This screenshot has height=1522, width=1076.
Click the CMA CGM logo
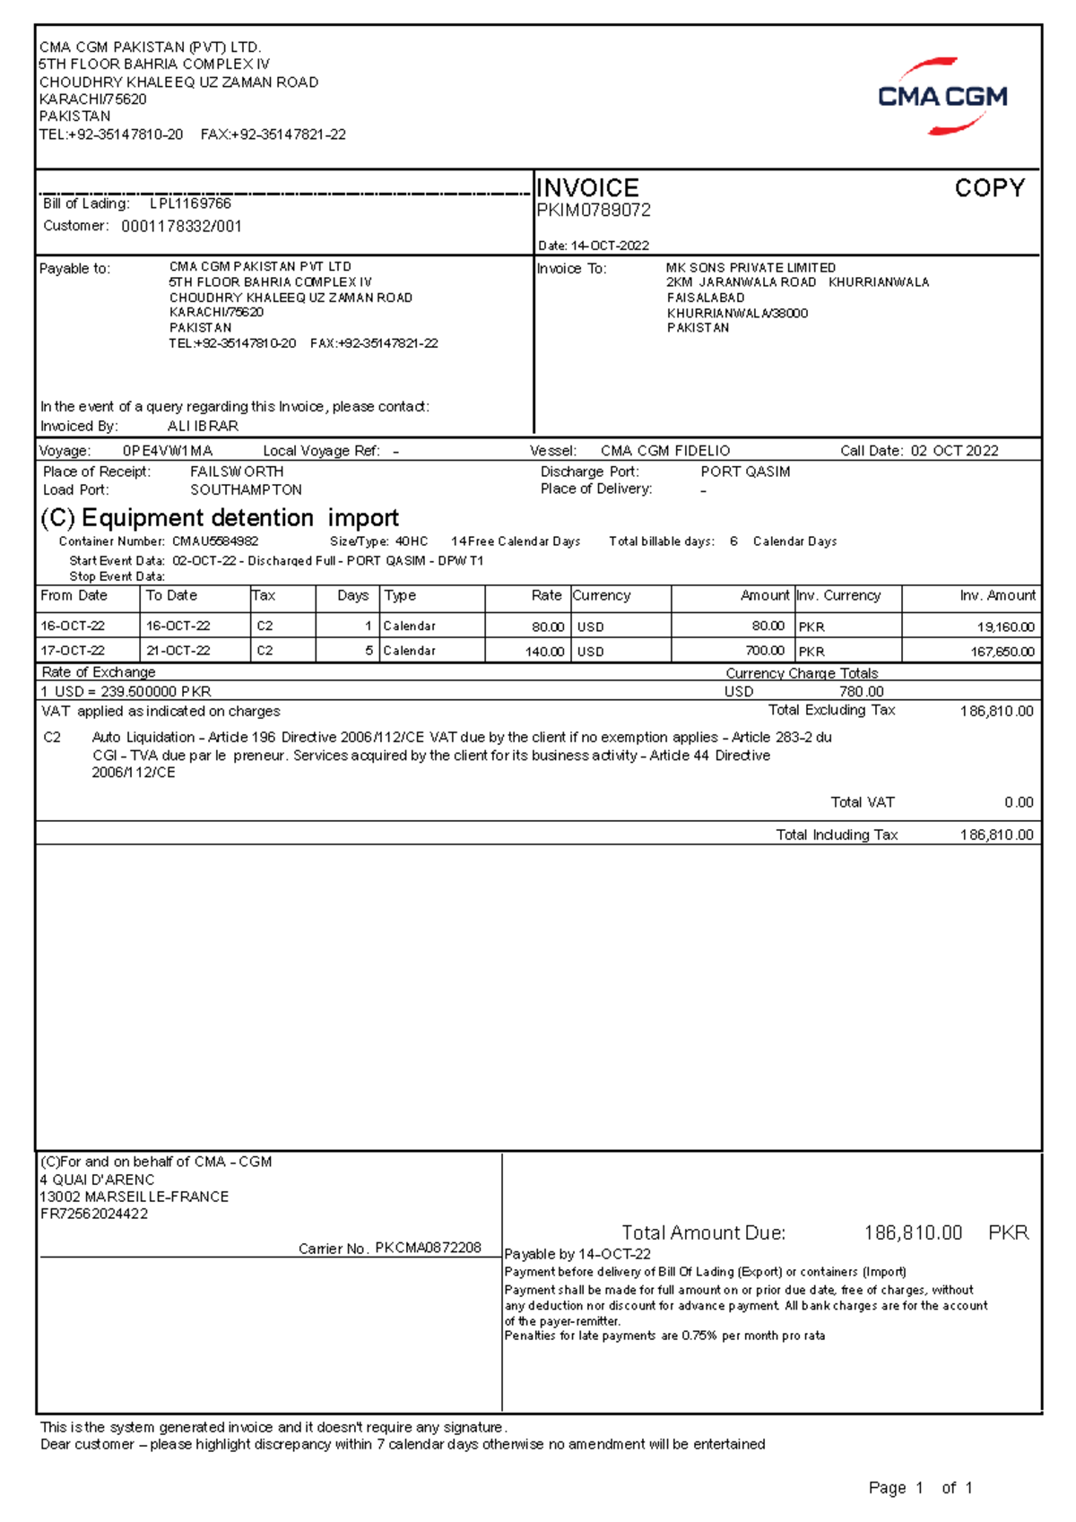[941, 97]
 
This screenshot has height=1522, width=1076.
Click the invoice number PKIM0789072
[594, 211]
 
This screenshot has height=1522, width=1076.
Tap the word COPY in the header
[989, 188]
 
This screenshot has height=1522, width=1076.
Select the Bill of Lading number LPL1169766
[190, 203]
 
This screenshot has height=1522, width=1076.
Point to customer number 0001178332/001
[181, 227]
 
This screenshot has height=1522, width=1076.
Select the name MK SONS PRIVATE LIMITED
[751, 268]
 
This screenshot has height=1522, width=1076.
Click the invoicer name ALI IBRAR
[203, 427]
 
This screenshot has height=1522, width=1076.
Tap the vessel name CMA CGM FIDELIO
[664, 451]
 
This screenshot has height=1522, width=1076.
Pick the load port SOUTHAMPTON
[246, 490]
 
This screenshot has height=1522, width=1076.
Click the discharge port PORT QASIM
[745, 471]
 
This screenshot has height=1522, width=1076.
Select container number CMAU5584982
[215, 541]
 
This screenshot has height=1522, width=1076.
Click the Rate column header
[546, 596]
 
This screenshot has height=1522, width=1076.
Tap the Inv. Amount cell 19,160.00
[1005, 627]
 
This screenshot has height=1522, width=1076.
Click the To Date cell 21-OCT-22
[178, 651]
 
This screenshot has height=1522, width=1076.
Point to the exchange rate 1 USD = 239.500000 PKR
[126, 692]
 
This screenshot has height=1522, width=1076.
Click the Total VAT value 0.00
[1019, 803]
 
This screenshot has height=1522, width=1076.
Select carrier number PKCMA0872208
[428, 1248]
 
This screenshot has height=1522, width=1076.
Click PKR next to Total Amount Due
[1008, 1233]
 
